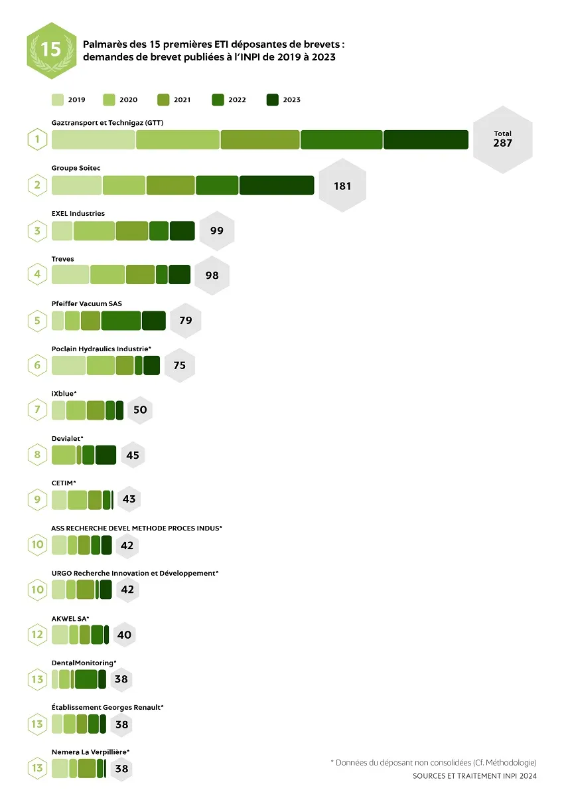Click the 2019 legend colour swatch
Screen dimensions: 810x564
pyautogui.click(x=58, y=100)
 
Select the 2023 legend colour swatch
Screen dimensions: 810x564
pyautogui.click(x=272, y=100)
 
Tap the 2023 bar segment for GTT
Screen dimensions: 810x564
pyautogui.click(x=425, y=139)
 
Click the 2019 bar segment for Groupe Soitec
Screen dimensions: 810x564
pyautogui.click(x=76, y=185)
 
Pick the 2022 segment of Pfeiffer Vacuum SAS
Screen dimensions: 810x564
pyautogui.click(x=121, y=320)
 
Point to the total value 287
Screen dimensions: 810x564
pyautogui.click(x=502, y=143)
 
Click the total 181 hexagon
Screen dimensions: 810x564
pyautogui.click(x=342, y=186)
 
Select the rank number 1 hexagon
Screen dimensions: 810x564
pyautogui.click(x=37, y=140)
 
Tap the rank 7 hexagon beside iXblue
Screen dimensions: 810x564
pyautogui.click(x=37, y=410)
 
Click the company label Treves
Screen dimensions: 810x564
pyautogui.click(x=63, y=259)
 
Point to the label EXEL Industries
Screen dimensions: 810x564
pyautogui.click(x=78, y=214)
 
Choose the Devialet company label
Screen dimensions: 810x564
pyautogui.click(x=67, y=438)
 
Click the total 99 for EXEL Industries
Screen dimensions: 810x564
pyautogui.click(x=216, y=231)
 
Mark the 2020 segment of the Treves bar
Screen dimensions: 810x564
pyautogui.click(x=107, y=274)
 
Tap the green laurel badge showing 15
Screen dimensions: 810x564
pyautogui.click(x=50, y=50)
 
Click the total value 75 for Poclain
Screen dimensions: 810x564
pyautogui.click(x=179, y=365)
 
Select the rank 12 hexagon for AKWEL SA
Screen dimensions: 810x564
pyautogui.click(x=37, y=634)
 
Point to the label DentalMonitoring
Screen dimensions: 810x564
pyautogui.click(x=84, y=663)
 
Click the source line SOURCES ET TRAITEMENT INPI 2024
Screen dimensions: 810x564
pyautogui.click(x=474, y=776)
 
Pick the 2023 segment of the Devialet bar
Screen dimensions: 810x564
pyautogui.click(x=106, y=455)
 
